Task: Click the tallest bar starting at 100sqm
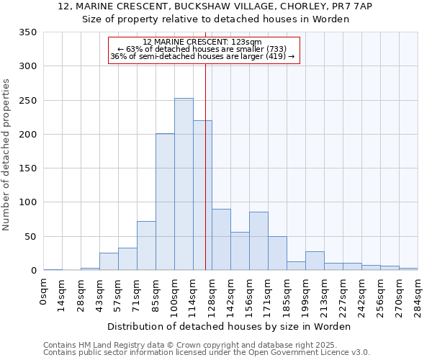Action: [184, 184]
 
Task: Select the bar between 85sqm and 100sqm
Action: [165, 202]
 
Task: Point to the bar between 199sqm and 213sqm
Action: [315, 261]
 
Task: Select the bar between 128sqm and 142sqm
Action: [221, 240]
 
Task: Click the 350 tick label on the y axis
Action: [27, 32]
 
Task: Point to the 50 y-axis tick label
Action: [30, 237]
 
